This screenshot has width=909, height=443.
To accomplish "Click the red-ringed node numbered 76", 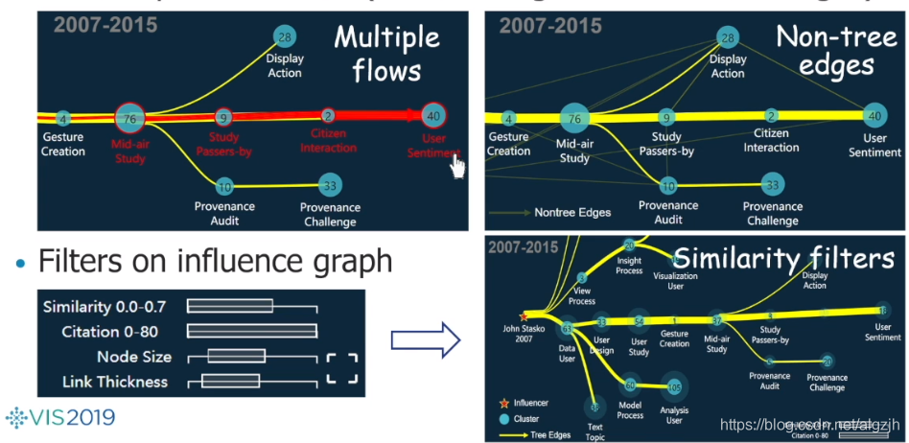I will (129, 119).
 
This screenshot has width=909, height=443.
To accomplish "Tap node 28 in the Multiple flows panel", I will (284, 37).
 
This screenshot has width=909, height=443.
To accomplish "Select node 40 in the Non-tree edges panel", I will (874, 115).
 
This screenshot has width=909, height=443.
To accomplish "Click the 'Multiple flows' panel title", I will (386, 54).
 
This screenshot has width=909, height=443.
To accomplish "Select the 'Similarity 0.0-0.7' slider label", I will (105, 307).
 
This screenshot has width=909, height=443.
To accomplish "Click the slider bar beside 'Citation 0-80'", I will (252, 332).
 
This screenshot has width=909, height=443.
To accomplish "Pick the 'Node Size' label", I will (133, 357).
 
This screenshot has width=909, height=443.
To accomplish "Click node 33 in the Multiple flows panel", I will (330, 185).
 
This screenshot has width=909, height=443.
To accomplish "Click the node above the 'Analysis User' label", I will (674, 386).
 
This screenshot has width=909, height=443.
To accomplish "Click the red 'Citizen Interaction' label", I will (328, 140).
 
